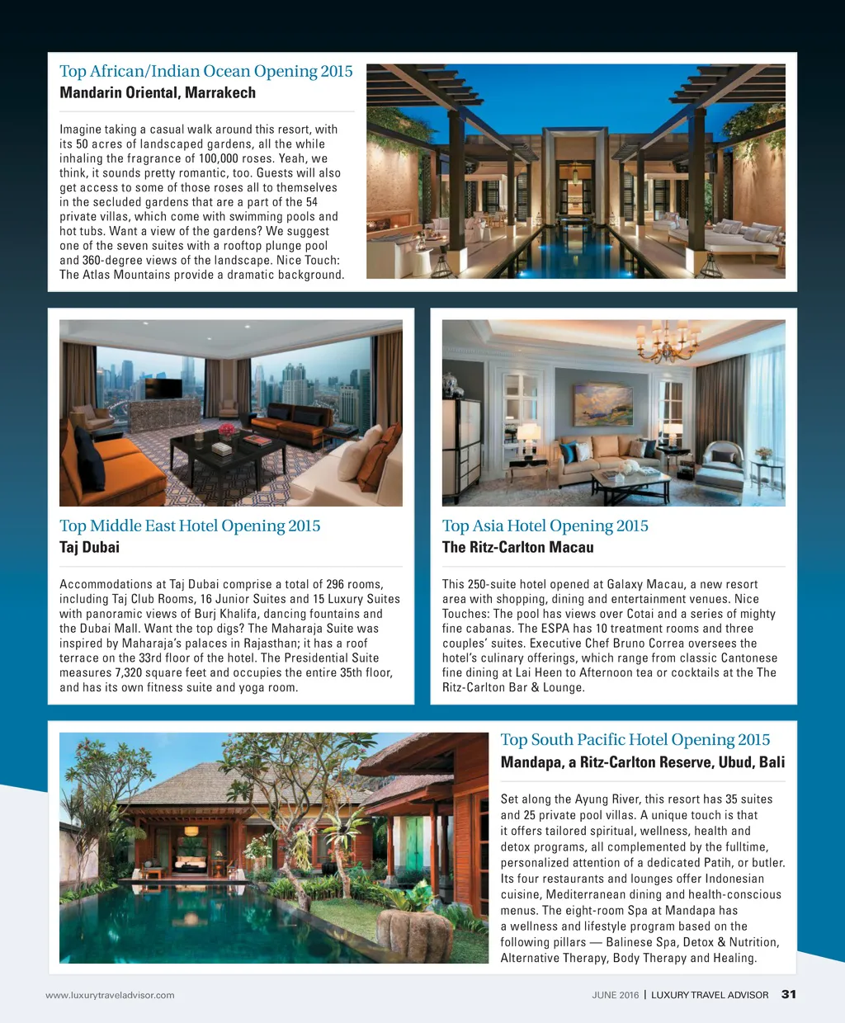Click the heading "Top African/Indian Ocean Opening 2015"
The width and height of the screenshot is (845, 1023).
(x=205, y=71)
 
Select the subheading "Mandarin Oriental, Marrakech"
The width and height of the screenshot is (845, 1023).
(x=158, y=92)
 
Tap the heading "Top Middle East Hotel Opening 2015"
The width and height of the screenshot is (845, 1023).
(x=190, y=526)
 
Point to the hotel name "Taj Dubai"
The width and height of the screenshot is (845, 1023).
(x=89, y=547)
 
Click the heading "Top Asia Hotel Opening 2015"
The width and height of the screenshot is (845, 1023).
(x=545, y=526)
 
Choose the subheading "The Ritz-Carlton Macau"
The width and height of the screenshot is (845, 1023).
(x=517, y=547)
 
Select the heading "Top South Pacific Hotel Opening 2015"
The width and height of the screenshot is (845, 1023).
(x=635, y=739)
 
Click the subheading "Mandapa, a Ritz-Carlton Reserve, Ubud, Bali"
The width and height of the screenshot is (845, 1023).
(x=642, y=762)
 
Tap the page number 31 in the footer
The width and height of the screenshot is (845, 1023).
(x=788, y=994)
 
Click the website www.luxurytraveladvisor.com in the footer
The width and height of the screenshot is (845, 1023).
(x=110, y=995)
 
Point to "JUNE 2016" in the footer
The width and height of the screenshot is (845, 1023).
(x=615, y=995)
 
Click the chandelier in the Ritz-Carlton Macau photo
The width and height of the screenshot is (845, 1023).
(x=668, y=339)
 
